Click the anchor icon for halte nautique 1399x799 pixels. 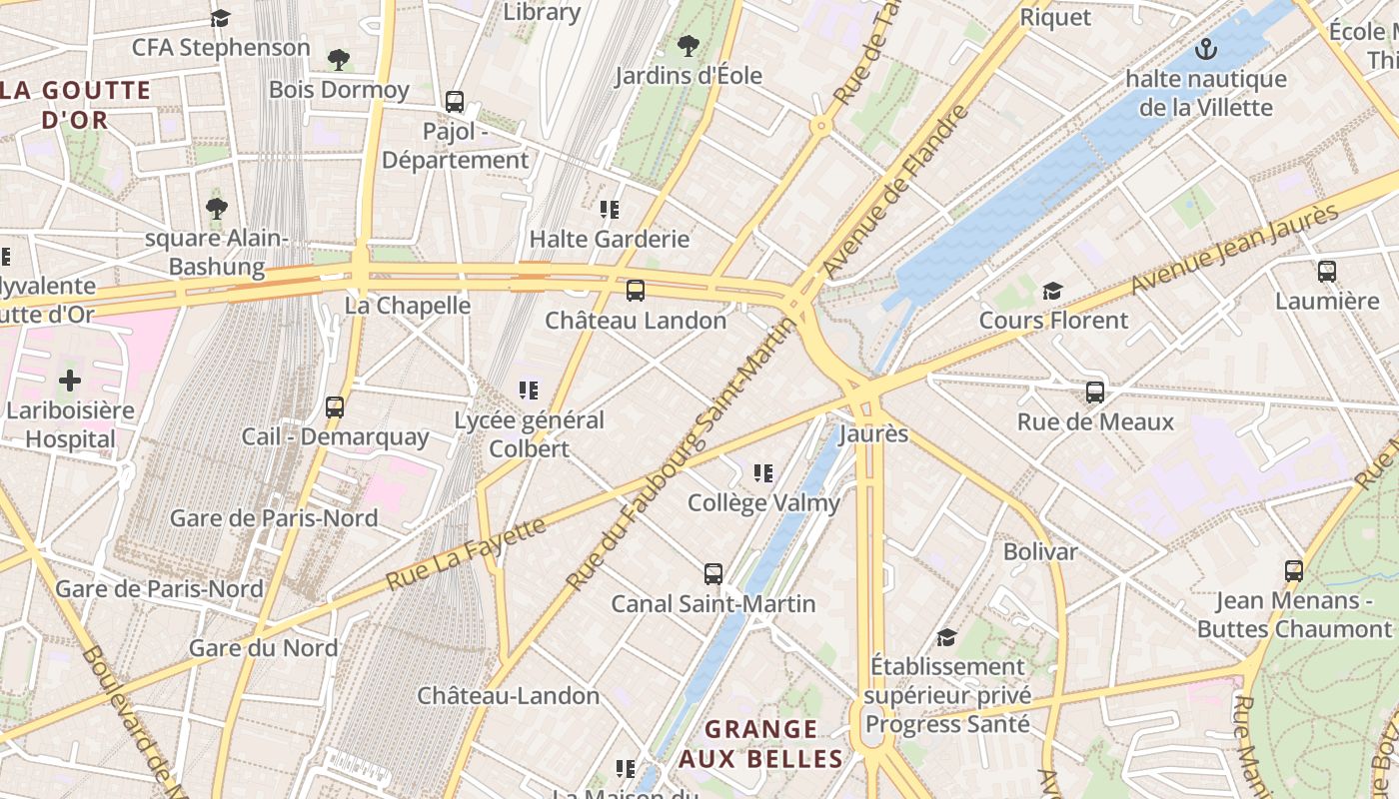1206,48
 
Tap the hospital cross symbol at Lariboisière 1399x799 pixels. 70,381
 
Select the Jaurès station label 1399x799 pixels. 873,434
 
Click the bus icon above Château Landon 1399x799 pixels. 635,291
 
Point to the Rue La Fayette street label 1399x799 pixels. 466,552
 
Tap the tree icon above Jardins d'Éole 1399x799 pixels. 688,45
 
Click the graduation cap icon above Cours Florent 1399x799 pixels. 1052,291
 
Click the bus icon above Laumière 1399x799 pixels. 1327,271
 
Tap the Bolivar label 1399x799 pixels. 1040,551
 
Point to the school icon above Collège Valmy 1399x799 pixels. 763,472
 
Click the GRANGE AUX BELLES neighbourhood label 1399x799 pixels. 762,744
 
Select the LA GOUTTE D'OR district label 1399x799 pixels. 75,105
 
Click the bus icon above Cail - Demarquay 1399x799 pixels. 335,407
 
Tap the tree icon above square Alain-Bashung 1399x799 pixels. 216,208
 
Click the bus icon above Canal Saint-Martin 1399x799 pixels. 712,574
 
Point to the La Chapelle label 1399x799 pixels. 408,306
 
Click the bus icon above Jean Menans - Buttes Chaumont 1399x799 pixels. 1294,571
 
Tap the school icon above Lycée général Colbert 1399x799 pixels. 529,391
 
